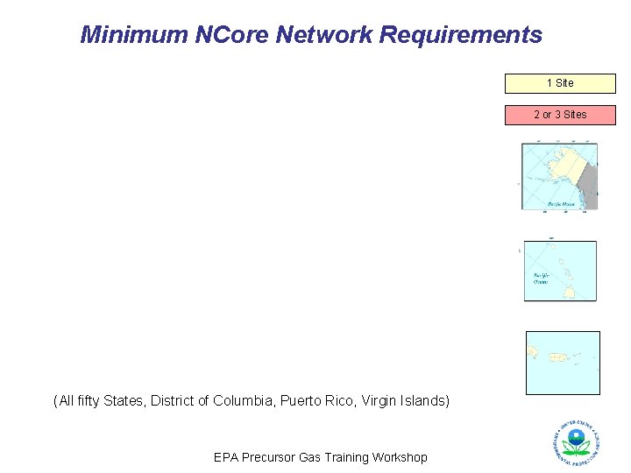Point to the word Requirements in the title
coord(459,35)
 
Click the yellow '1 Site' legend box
coord(560,83)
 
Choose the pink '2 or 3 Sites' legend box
coord(560,115)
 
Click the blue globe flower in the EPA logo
coord(576,438)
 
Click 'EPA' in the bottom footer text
coord(226,457)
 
